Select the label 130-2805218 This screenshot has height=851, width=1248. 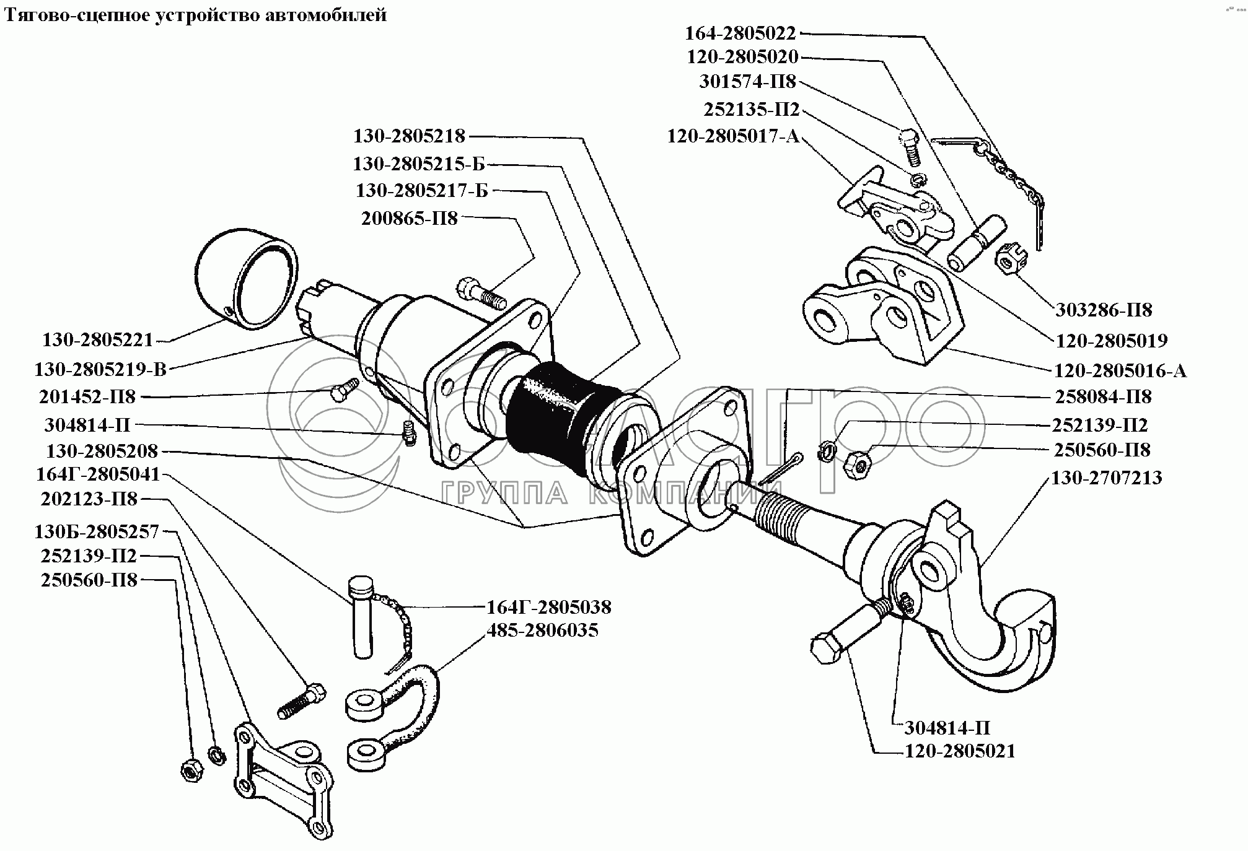coord(408,136)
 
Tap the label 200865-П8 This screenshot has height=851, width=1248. coord(408,219)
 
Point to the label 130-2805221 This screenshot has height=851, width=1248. coord(97,340)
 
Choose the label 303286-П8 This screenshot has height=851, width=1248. coord(1102,310)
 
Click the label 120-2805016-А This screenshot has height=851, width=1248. coord(1120,370)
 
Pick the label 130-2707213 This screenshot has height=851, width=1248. coord(1106,478)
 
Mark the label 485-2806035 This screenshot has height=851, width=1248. coord(542,631)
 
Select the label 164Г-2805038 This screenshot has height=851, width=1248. coord(548,606)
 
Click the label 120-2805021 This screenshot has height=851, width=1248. coord(960,751)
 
